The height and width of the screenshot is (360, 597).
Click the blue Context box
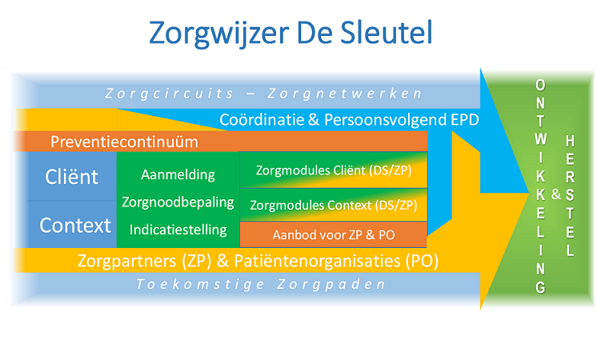(x=75, y=226)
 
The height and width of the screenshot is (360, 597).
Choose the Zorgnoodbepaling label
(x=177, y=202)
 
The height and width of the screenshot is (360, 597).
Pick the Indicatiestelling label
(x=178, y=230)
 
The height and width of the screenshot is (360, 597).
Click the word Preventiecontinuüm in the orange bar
(x=124, y=142)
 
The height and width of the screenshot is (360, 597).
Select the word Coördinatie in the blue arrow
(x=261, y=120)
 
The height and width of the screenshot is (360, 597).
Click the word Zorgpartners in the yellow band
(x=122, y=261)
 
